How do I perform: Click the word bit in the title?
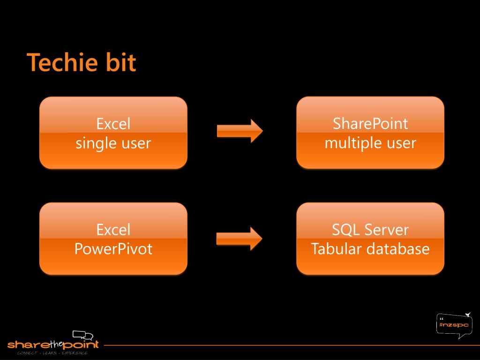click(x=120, y=63)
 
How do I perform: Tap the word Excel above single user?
click(x=113, y=124)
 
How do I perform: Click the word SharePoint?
click(x=370, y=124)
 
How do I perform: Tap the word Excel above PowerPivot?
click(x=113, y=230)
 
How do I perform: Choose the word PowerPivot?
click(x=113, y=248)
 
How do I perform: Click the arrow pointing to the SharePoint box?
click(x=240, y=130)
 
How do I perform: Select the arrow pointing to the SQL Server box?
click(x=239, y=238)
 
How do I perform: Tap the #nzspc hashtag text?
click(x=453, y=324)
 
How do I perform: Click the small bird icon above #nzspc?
click(x=467, y=315)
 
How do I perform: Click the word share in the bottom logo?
click(x=25, y=345)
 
